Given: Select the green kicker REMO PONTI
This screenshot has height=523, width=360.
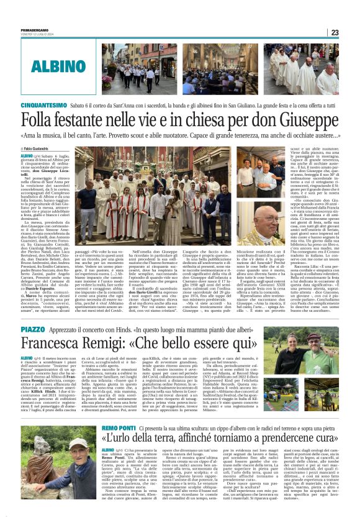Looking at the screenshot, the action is tap(119, 428).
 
